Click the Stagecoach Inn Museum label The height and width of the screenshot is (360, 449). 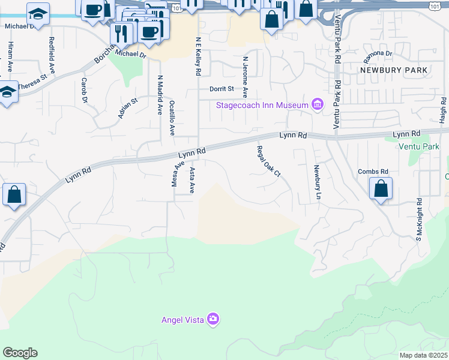coord(262,106)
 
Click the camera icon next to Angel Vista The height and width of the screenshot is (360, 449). coord(212,319)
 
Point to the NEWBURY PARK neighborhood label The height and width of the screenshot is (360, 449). coord(394,70)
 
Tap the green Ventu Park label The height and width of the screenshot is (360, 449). coord(418,146)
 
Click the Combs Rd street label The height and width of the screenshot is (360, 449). coord(373,171)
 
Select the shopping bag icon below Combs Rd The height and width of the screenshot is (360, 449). coord(381,189)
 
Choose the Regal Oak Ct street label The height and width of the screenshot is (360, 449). coord(268,161)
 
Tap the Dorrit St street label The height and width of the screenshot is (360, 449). coord(221,89)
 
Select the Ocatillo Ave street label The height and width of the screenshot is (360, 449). coord(172,118)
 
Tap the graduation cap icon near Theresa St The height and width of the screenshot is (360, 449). coord(7,93)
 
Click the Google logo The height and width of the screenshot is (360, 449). coord(20,353)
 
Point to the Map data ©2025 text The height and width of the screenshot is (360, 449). coord(423,355)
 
